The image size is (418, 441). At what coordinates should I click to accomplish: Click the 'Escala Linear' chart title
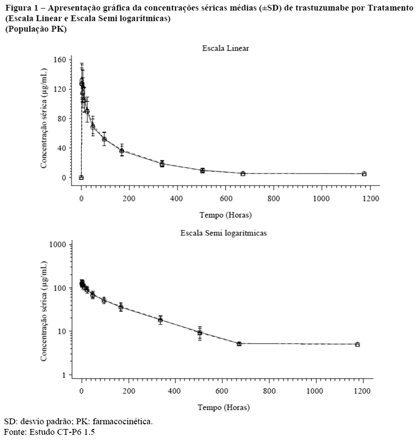(225, 49)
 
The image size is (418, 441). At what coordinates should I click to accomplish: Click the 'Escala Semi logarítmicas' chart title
(224, 233)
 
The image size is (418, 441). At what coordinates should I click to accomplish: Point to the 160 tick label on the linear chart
(60, 60)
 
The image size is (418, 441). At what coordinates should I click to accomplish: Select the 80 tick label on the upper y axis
(62, 119)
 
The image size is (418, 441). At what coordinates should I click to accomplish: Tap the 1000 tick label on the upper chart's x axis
(321, 199)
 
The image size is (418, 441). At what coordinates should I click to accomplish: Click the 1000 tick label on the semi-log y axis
(57, 245)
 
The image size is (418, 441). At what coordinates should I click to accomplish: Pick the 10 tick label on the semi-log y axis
(62, 331)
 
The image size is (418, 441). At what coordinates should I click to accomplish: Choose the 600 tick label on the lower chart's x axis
(222, 391)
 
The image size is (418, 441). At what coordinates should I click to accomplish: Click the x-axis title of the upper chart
(226, 215)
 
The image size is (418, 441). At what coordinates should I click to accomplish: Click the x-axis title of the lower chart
(224, 408)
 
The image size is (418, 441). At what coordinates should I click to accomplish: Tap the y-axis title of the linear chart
(43, 119)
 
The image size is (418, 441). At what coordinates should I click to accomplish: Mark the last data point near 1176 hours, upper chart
(364, 174)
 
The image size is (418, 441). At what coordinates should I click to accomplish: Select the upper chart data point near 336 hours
(162, 164)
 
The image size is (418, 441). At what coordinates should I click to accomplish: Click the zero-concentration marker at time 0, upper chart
(82, 178)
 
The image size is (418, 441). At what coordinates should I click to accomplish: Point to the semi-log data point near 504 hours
(200, 333)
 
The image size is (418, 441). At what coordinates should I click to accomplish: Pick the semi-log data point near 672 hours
(239, 344)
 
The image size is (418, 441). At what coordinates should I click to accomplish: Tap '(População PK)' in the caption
(36, 29)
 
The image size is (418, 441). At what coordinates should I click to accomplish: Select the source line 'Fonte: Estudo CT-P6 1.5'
(49, 432)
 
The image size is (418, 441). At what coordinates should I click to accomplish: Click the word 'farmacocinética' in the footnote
(123, 422)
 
